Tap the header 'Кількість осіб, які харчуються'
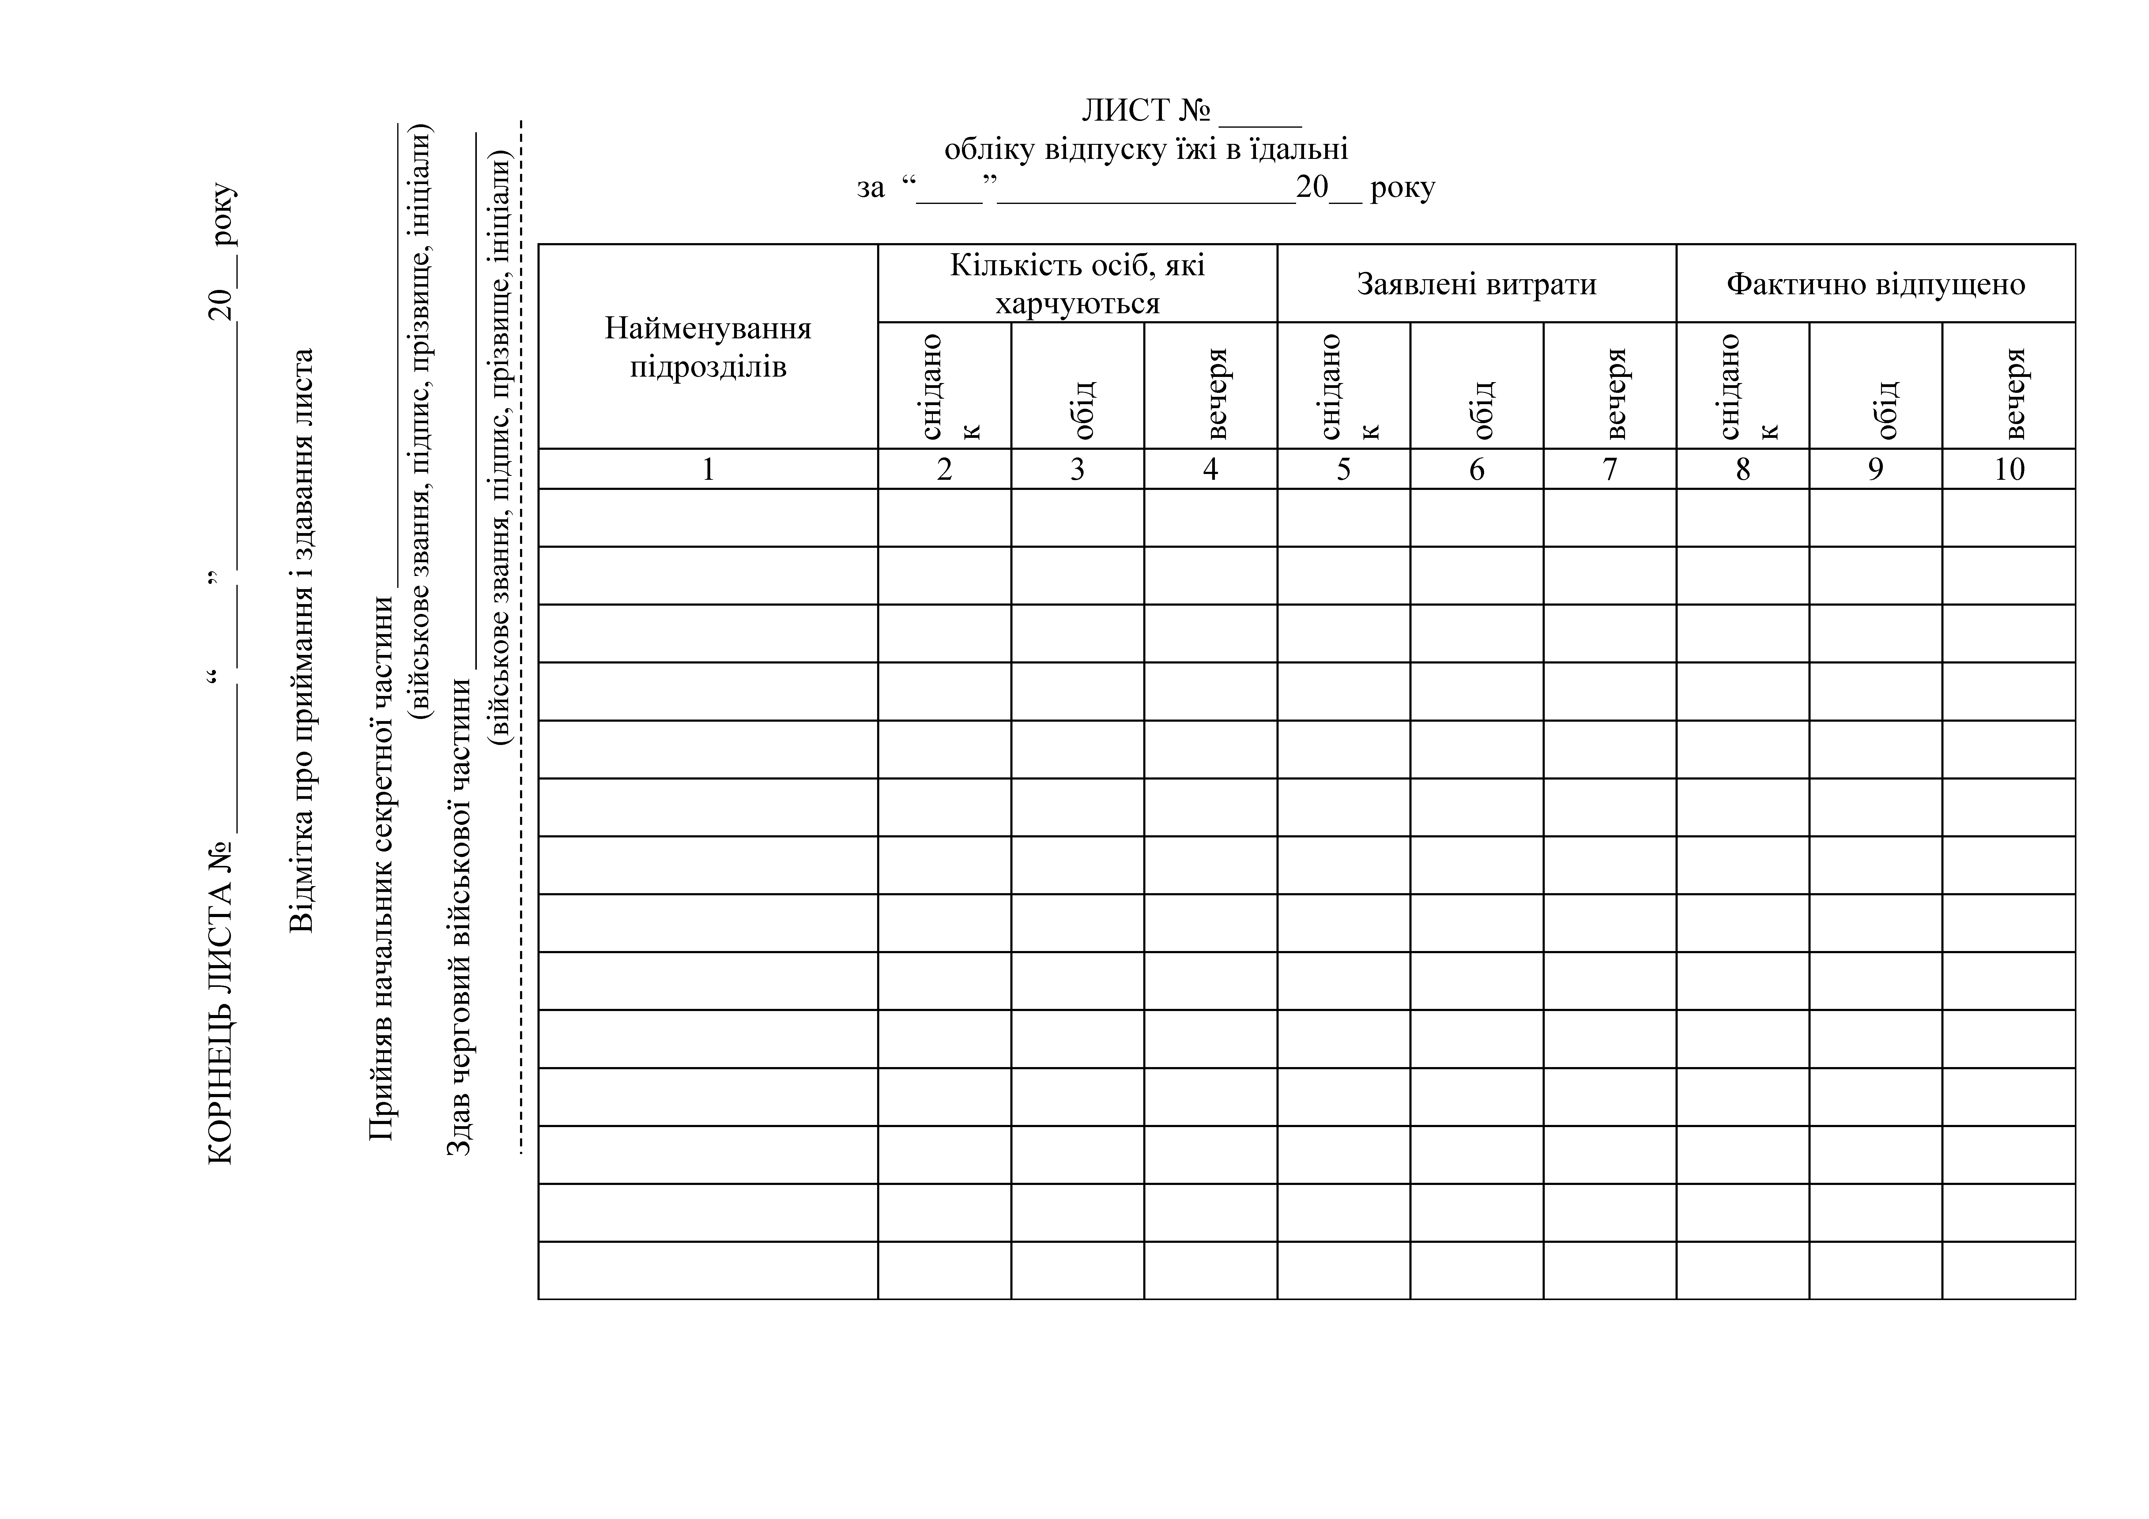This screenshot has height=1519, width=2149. point(1077,284)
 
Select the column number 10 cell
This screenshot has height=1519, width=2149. point(2009,469)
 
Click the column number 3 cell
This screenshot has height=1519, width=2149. point(1077,469)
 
